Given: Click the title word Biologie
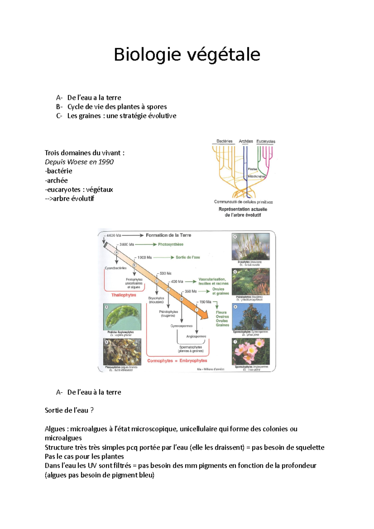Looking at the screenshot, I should point(147,55).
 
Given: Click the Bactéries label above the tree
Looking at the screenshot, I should point(224,141).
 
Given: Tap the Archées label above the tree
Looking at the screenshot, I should point(246,141).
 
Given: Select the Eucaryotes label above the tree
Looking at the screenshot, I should point(266,141).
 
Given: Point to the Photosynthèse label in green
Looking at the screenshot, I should point(170,245).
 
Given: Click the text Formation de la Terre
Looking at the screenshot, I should point(168,235).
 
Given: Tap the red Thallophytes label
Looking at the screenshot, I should point(124,295).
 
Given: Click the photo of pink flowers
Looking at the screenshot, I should point(251,351).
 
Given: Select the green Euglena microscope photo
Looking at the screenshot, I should point(122,317).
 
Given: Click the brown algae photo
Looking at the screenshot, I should point(122,352).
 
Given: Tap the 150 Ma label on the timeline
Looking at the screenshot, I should point(205,302).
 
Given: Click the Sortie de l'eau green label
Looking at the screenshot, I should point(188,257).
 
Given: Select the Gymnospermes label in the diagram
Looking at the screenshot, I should point(181,326).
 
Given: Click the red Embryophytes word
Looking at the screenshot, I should point(193,361).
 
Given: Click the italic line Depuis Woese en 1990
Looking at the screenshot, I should point(79,162).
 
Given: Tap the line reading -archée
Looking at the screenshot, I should point(56,180).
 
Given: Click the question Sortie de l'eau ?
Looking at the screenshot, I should point(69,410).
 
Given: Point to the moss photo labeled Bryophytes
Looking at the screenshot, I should point(251,246).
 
